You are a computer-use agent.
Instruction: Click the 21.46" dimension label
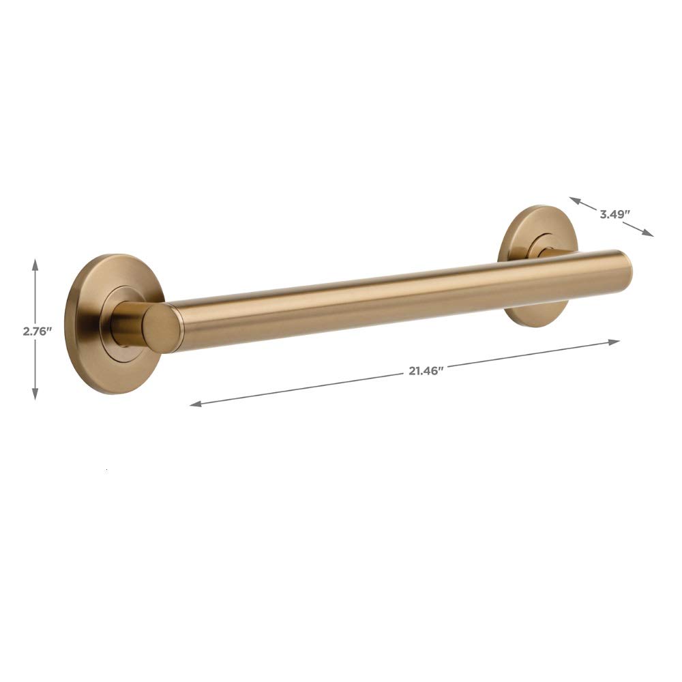click(426, 370)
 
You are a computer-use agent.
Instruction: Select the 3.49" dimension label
click(614, 213)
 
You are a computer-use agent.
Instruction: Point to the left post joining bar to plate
click(126, 321)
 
